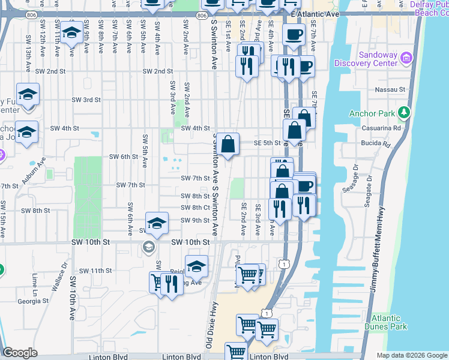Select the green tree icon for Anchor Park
pos(405,113)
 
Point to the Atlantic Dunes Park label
pos(385,322)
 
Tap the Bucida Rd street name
pos(394,145)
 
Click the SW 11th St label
pos(92,271)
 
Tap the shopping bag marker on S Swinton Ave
pos(228,144)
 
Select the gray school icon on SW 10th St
pos(148,247)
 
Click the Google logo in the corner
pos(20,353)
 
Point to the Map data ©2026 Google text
pos(412,355)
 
